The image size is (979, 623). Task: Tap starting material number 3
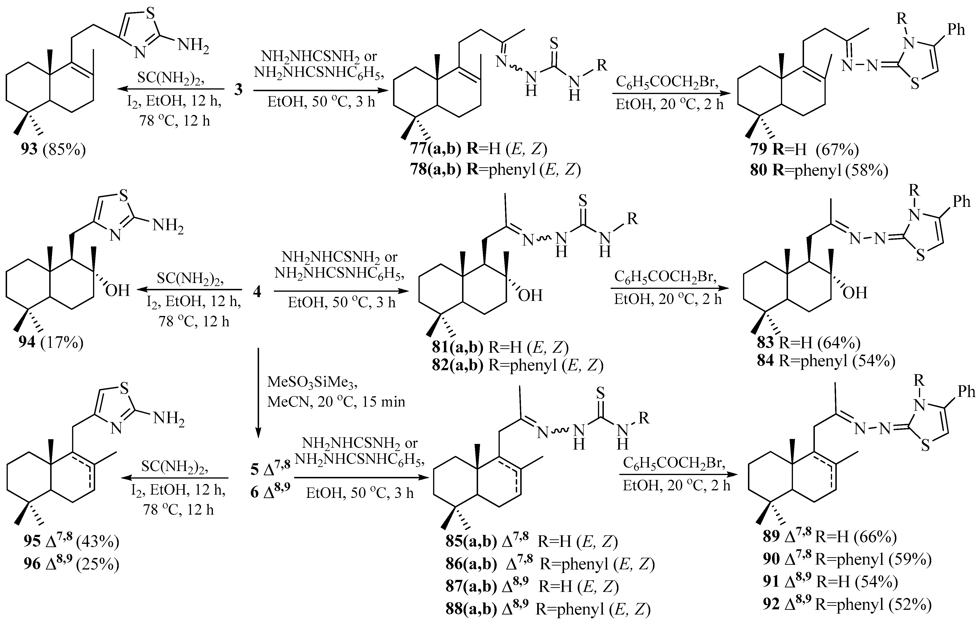click(x=238, y=89)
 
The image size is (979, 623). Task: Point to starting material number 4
click(x=257, y=291)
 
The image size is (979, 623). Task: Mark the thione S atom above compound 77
click(x=554, y=44)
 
